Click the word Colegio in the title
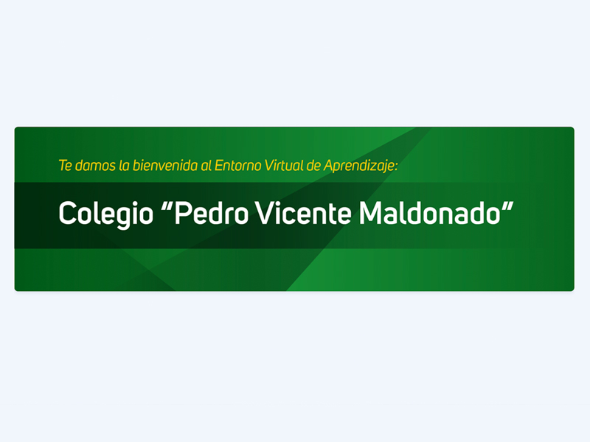click(x=106, y=214)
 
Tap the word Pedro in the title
click(x=211, y=213)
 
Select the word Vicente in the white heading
click(x=303, y=213)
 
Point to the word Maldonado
click(x=430, y=213)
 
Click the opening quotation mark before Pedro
click(x=167, y=206)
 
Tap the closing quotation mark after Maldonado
click(x=507, y=206)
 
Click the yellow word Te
click(x=65, y=165)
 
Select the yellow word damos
click(x=95, y=165)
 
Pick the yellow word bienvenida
click(x=165, y=165)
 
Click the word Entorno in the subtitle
click(x=237, y=165)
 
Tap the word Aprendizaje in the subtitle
click(x=359, y=166)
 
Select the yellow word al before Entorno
click(x=206, y=165)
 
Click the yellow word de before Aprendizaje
click(x=313, y=165)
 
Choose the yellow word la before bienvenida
click(x=124, y=165)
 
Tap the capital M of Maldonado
click(x=371, y=213)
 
